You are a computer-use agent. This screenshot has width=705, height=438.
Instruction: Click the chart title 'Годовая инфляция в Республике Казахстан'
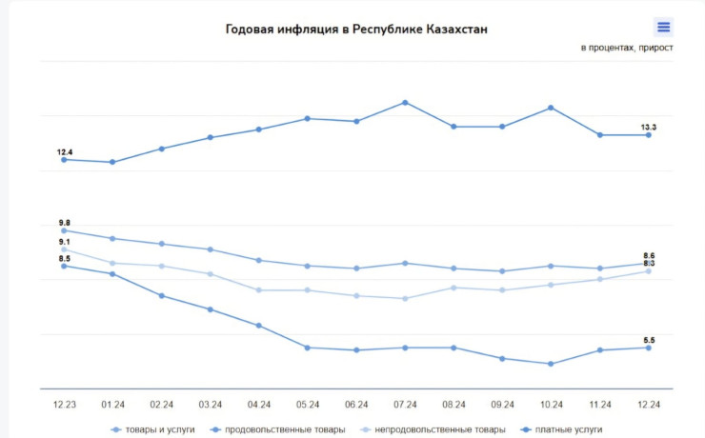[356, 29]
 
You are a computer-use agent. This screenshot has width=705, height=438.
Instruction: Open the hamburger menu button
[664, 27]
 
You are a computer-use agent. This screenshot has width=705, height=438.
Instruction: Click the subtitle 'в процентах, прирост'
[627, 47]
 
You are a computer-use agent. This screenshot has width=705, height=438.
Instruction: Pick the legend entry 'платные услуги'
[568, 429]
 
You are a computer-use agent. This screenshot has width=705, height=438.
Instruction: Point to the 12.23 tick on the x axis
[64, 405]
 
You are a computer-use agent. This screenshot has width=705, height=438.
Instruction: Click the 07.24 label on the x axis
[405, 405]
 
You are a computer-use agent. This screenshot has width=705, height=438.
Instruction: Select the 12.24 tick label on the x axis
[649, 405]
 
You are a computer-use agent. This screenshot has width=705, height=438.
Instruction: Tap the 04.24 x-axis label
[258, 405]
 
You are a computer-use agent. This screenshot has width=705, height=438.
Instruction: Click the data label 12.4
[65, 151]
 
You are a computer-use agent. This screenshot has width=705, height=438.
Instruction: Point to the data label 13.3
[648, 127]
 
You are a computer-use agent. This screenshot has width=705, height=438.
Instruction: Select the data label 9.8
[65, 222]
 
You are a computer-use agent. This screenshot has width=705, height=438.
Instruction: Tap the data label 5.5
[649, 339]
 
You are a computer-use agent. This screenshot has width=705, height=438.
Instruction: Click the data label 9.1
[64, 242]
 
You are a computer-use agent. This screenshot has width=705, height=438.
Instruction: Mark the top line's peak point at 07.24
[405, 102]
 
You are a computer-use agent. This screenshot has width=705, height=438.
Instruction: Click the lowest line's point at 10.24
[551, 364]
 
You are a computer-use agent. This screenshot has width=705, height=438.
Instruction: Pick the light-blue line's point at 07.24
[405, 298]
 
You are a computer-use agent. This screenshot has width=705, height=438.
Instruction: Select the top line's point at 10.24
[551, 108]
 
